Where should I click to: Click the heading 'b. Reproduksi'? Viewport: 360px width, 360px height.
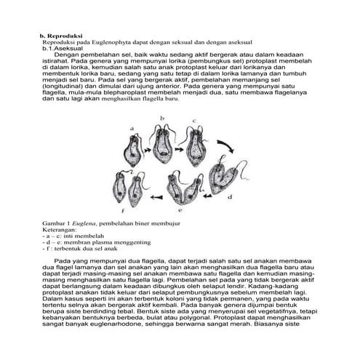pyautogui.click(x=61, y=35)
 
